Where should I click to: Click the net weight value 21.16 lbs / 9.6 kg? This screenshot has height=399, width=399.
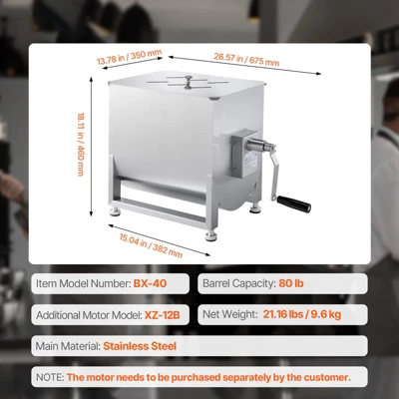[x=313, y=315]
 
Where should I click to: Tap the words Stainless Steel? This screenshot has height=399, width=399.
[x=140, y=347]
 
